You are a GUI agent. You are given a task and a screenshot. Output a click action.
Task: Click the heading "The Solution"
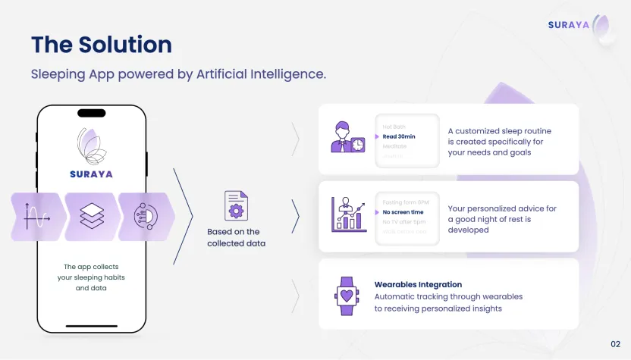click(x=101, y=44)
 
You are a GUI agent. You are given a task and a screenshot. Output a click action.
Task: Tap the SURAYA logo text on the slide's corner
click(x=568, y=25)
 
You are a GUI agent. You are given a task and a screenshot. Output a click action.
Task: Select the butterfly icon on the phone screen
click(x=92, y=146)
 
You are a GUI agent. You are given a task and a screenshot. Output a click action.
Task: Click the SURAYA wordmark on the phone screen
click(x=91, y=174)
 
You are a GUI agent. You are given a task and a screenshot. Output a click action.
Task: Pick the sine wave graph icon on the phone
click(x=36, y=217)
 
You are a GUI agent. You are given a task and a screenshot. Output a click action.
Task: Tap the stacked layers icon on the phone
click(x=92, y=217)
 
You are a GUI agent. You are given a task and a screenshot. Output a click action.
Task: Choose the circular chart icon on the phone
click(x=145, y=217)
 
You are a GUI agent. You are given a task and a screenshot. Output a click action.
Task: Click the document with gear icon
click(x=236, y=206)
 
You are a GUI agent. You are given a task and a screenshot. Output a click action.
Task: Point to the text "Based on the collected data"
click(x=234, y=237)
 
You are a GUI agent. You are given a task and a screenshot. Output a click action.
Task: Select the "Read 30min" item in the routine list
click(x=399, y=136)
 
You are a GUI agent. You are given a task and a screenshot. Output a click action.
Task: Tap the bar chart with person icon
click(x=349, y=214)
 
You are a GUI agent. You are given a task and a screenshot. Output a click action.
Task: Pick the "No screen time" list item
click(x=403, y=212)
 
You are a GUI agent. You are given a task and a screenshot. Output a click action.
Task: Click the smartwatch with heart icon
click(x=347, y=296)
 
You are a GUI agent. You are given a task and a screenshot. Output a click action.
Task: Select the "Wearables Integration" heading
click(x=418, y=285)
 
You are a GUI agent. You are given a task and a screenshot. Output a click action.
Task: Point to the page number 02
click(x=615, y=344)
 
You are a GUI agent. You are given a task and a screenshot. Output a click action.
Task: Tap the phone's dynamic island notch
click(x=92, y=113)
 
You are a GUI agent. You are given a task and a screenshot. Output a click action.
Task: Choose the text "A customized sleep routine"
click(x=500, y=131)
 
